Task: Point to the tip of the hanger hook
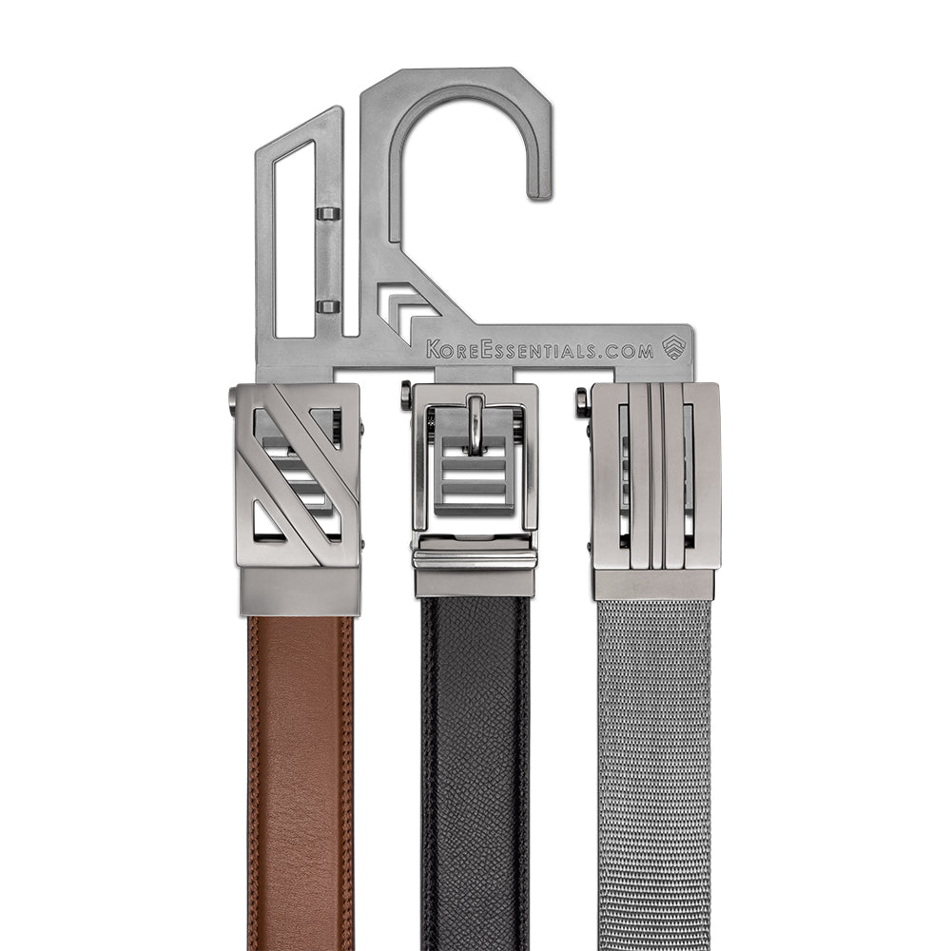[539, 193]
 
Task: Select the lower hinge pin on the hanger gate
[329, 305]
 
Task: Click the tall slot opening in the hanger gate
[294, 239]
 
